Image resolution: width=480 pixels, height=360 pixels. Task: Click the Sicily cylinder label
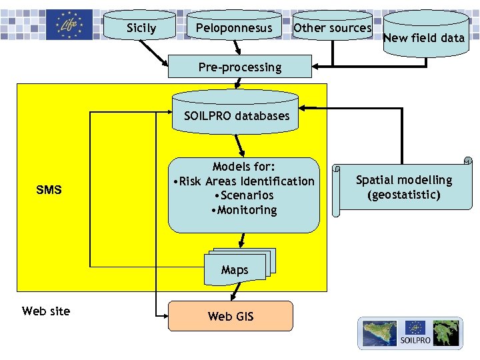(x=141, y=28)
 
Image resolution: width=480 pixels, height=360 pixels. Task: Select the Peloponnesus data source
(x=233, y=28)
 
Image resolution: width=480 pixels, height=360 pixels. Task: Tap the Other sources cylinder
(x=332, y=28)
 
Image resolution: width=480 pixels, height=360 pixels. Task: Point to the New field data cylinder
(x=424, y=38)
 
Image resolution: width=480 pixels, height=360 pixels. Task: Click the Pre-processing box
(x=240, y=67)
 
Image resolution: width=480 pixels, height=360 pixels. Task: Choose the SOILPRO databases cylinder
(x=237, y=115)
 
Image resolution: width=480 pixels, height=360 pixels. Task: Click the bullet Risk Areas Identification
(x=243, y=181)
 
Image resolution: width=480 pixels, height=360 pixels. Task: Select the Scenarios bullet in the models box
(x=243, y=195)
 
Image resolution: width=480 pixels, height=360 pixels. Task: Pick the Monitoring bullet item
(x=243, y=210)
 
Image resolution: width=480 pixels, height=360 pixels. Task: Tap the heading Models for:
(x=244, y=167)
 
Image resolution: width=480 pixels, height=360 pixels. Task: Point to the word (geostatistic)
(x=403, y=195)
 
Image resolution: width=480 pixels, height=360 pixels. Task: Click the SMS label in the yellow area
(x=49, y=190)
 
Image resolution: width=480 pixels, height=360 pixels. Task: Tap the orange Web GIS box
(x=231, y=316)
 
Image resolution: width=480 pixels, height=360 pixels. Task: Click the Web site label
(x=46, y=311)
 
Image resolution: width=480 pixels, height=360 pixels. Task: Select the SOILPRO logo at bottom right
(x=410, y=333)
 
